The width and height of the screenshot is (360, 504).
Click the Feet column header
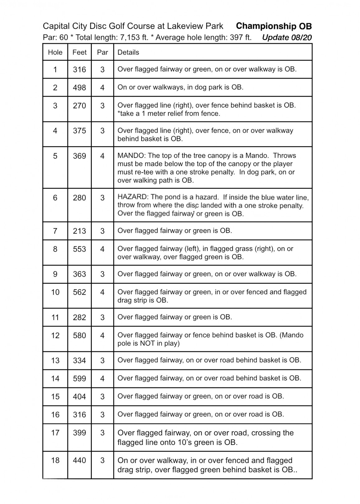coord(79,52)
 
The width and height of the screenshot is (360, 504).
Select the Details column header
coord(128,52)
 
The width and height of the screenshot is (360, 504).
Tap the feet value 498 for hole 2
coord(79,87)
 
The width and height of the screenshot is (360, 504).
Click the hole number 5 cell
coord(55,156)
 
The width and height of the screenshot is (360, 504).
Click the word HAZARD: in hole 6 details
coord(132,197)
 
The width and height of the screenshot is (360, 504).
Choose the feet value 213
coord(79,231)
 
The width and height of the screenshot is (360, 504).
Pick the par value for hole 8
coord(102,249)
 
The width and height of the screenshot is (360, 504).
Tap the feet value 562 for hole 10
coord(79,292)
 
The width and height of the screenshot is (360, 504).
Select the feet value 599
coord(79,379)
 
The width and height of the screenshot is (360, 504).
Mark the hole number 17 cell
coord(55,433)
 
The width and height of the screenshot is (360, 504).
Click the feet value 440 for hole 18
coord(79,460)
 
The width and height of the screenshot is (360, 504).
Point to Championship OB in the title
coord(274,26)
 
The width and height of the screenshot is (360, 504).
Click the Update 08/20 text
coord(287,38)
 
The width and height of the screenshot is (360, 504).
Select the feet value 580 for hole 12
coord(79,335)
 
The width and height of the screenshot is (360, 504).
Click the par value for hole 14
coord(102,379)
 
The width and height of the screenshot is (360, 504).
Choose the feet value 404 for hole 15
coord(79,397)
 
